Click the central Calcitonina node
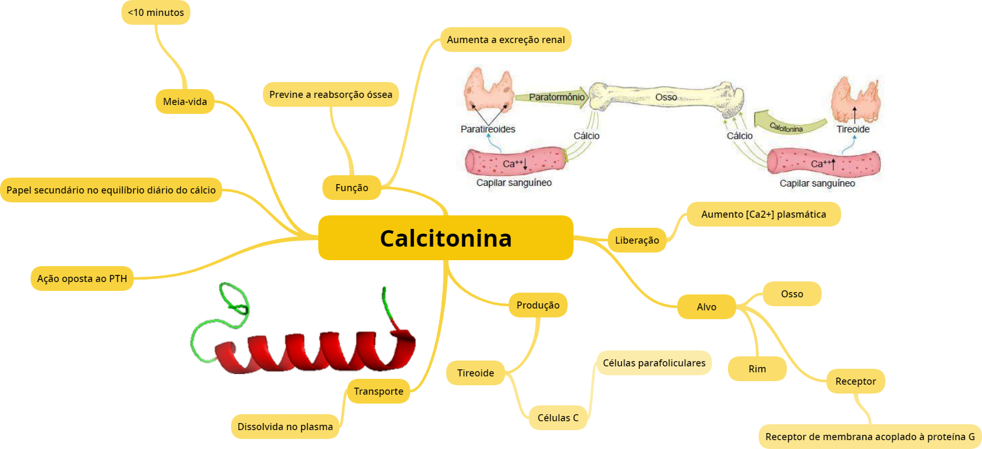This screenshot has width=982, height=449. [x=446, y=238]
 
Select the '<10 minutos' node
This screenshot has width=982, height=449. [x=156, y=12]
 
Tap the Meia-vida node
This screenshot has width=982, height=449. [x=184, y=101]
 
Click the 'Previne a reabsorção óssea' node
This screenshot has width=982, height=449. [x=331, y=94]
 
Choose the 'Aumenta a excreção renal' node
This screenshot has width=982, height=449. [x=506, y=40]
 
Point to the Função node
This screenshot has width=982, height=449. [x=351, y=188]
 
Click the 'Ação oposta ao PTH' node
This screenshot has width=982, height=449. [x=82, y=278]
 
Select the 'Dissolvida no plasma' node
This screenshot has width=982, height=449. [x=285, y=427]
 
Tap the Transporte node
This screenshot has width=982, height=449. [x=378, y=391]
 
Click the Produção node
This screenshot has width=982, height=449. [x=538, y=305]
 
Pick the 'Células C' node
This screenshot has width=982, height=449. [x=558, y=418]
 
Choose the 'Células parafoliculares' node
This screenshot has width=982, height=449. [x=654, y=363]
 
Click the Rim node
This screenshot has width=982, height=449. [x=757, y=369]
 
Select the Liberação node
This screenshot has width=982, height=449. [x=637, y=240]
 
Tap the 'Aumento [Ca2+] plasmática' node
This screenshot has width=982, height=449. [x=763, y=214]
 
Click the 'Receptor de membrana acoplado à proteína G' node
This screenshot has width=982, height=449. [x=869, y=437]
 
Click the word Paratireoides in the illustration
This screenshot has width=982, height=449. [x=487, y=129]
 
